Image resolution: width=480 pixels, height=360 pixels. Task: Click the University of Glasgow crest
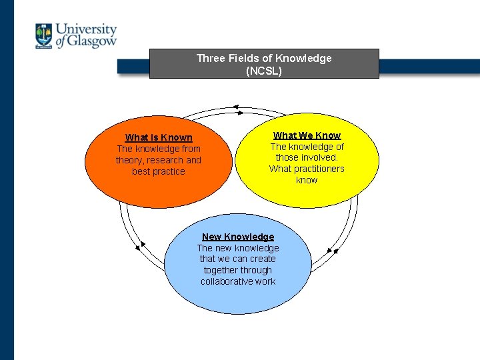click(44, 36)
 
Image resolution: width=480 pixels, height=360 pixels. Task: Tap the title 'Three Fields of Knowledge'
click(263, 58)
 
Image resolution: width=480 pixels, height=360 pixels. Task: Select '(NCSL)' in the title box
click(264, 70)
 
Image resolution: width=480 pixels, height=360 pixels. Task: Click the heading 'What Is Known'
click(159, 137)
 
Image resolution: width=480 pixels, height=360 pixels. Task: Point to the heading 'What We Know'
click(307, 135)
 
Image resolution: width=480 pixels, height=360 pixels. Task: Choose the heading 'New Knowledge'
click(238, 237)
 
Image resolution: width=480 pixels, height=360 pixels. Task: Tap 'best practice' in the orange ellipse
click(159, 171)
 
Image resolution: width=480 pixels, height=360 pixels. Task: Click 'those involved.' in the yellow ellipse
click(307, 157)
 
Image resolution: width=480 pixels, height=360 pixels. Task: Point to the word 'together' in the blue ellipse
click(221, 270)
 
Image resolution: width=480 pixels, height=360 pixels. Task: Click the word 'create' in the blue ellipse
click(263, 259)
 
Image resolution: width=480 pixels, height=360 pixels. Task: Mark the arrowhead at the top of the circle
click(235, 107)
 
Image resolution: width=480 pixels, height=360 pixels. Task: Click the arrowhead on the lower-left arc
click(138, 249)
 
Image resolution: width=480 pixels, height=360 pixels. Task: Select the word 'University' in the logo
click(86, 29)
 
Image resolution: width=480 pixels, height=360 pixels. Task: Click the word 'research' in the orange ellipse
click(165, 160)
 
